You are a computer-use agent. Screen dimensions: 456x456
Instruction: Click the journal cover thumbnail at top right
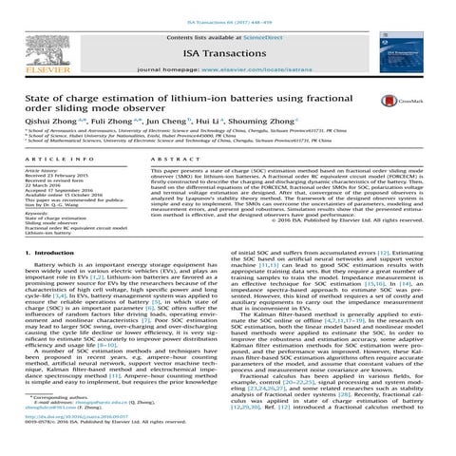pyautogui.click(x=418, y=44)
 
